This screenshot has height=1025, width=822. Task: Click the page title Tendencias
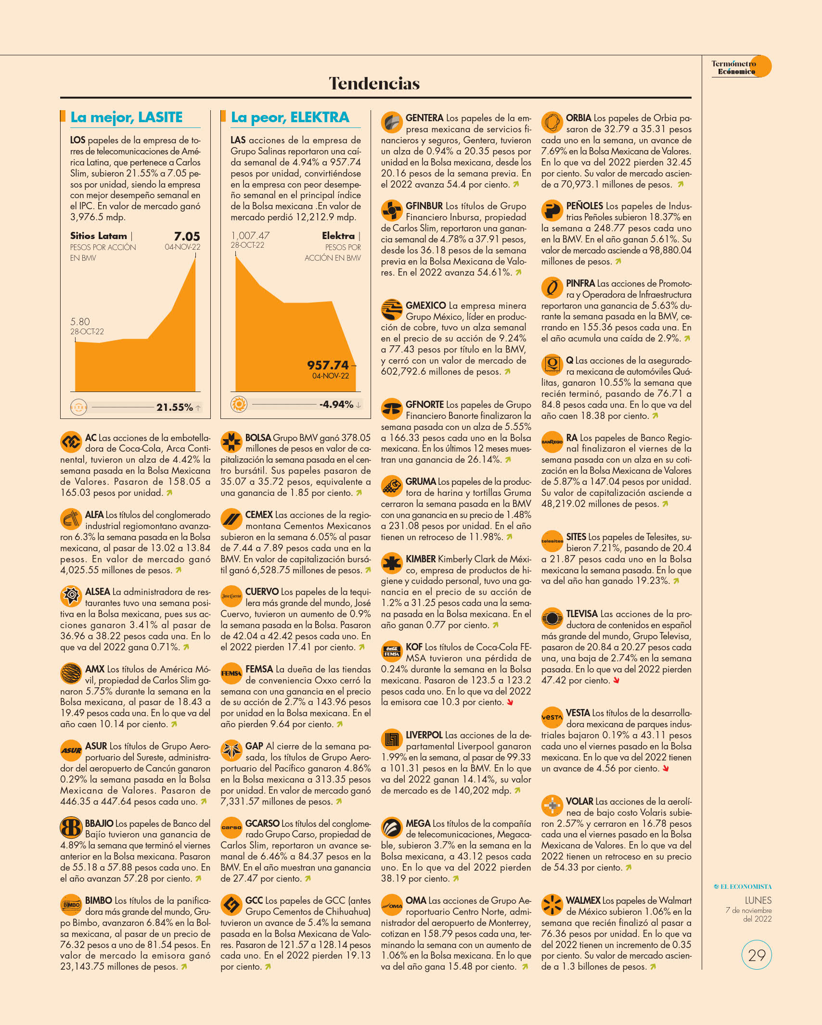point(374,83)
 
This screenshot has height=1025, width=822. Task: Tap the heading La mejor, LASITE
point(127,117)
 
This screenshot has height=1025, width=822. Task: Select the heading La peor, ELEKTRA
point(290,117)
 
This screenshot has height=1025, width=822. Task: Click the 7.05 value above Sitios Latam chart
point(187,236)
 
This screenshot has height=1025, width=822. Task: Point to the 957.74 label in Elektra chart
point(328,365)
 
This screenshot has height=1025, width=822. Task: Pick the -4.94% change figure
point(336,405)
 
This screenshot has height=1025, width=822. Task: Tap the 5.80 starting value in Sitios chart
point(80,321)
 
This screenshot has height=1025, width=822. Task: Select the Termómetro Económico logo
point(741,67)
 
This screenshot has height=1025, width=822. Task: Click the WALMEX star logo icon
point(552,905)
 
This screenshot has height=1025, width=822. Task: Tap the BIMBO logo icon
point(71,905)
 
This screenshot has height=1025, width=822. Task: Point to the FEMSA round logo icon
point(231,673)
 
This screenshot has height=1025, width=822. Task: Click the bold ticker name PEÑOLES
point(584,206)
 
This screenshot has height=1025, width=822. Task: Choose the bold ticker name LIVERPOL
point(424,735)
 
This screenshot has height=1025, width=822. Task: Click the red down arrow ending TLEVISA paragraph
point(616,681)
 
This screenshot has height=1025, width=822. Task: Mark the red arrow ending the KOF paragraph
point(510,702)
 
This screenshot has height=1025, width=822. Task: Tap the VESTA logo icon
point(552,717)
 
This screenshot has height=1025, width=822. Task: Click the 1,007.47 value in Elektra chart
point(250,236)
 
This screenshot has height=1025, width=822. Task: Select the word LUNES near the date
point(758,900)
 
